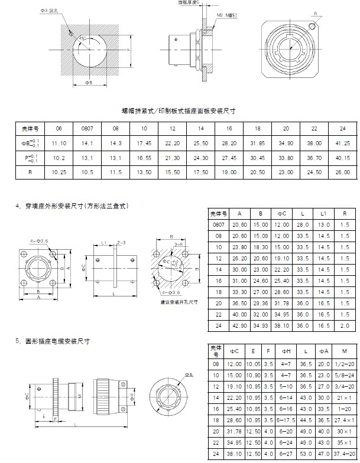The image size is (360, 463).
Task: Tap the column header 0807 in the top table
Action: coord(87,128)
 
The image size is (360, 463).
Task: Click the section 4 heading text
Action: coord(73,206)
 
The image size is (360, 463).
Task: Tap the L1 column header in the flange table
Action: coord(324,214)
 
